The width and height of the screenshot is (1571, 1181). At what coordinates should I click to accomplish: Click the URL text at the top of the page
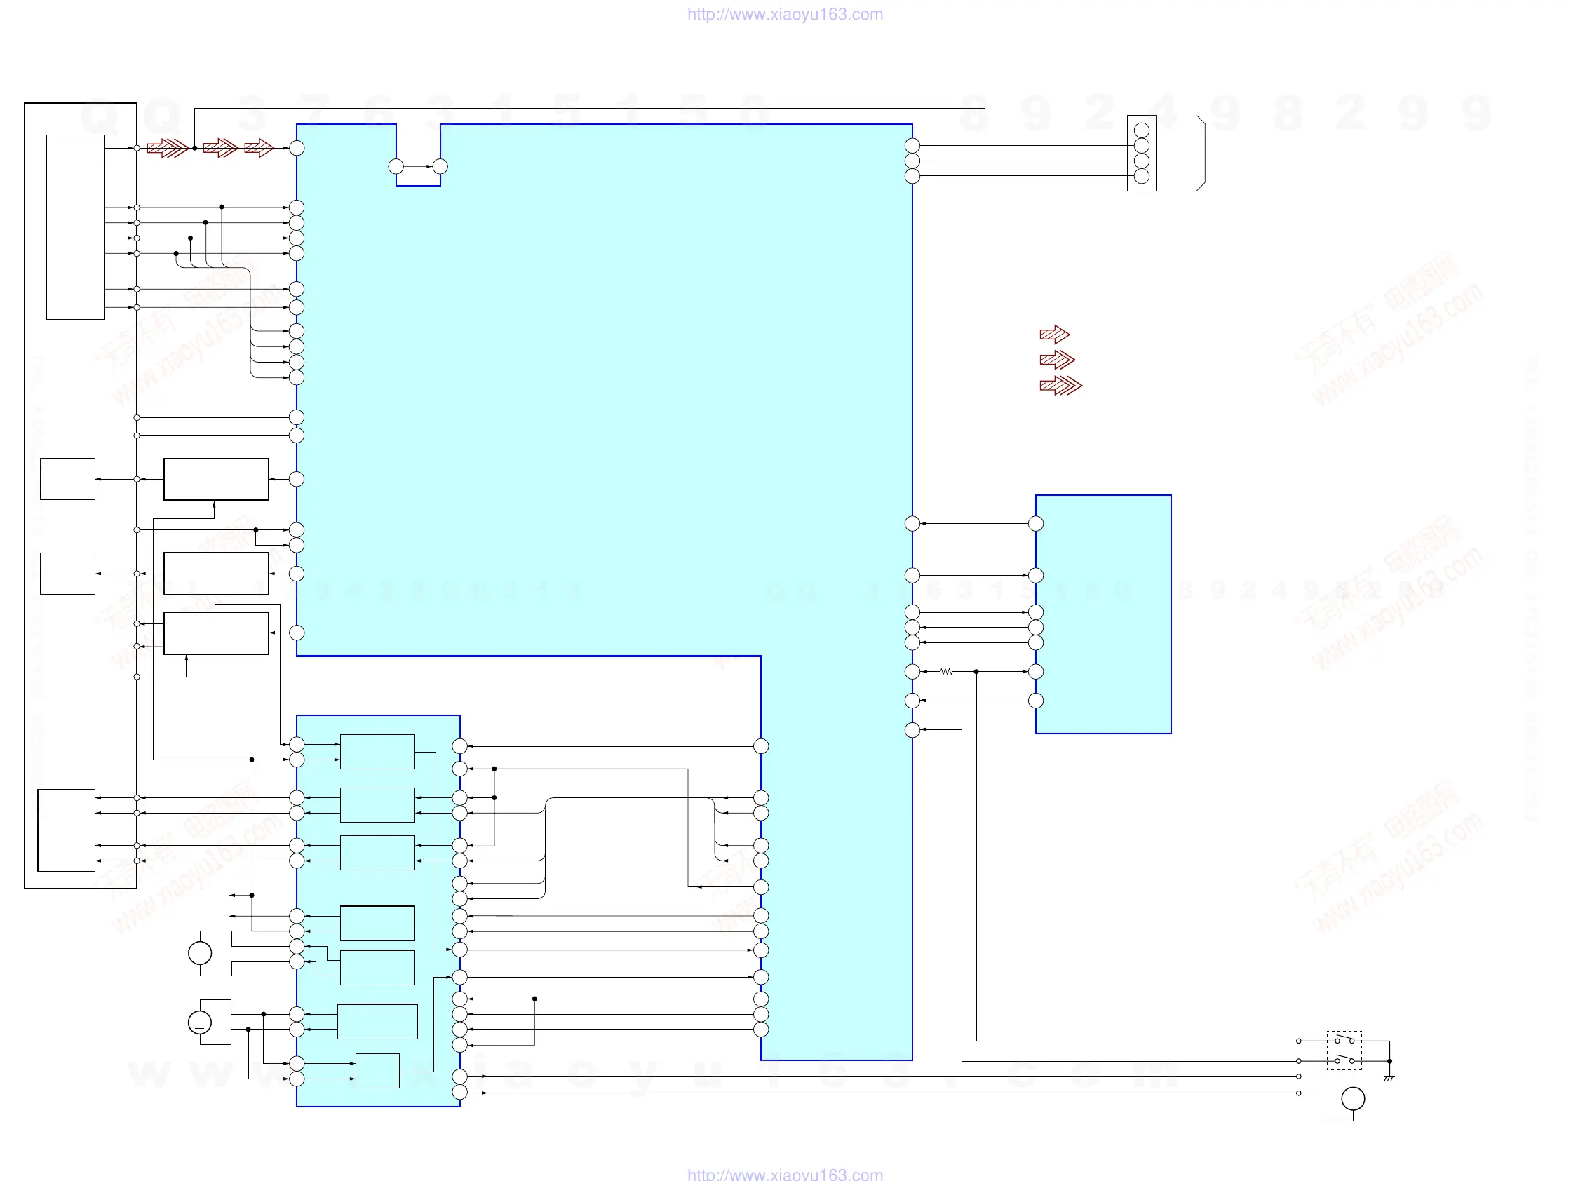click(785, 14)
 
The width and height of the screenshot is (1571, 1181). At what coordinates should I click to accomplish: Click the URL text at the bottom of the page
click(785, 1174)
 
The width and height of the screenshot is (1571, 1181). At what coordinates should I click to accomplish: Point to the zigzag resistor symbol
click(946, 672)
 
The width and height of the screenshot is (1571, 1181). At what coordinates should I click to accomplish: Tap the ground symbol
click(1389, 1079)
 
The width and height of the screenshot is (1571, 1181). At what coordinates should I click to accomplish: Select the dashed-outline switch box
click(1344, 1051)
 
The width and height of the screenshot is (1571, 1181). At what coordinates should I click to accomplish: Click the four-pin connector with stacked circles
click(1141, 154)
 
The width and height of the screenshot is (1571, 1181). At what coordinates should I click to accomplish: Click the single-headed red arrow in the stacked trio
click(1054, 335)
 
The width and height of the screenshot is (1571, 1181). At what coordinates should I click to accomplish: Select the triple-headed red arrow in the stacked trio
click(1060, 386)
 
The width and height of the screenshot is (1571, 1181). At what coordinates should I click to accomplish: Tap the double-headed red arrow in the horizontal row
click(220, 148)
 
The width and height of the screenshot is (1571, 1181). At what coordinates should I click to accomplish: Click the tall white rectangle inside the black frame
click(75, 227)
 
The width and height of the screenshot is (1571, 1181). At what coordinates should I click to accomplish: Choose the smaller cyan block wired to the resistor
click(1103, 614)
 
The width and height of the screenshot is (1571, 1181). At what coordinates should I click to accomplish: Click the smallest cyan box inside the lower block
click(377, 1071)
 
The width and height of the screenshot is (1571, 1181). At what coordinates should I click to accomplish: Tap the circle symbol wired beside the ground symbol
click(1353, 1099)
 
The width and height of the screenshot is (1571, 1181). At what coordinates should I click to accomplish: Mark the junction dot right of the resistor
click(976, 672)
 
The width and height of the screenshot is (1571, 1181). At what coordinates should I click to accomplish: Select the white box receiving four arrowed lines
click(66, 830)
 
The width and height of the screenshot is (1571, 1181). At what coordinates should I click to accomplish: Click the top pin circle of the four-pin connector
click(1142, 130)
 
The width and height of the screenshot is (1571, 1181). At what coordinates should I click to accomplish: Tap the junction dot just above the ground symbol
click(1390, 1061)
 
